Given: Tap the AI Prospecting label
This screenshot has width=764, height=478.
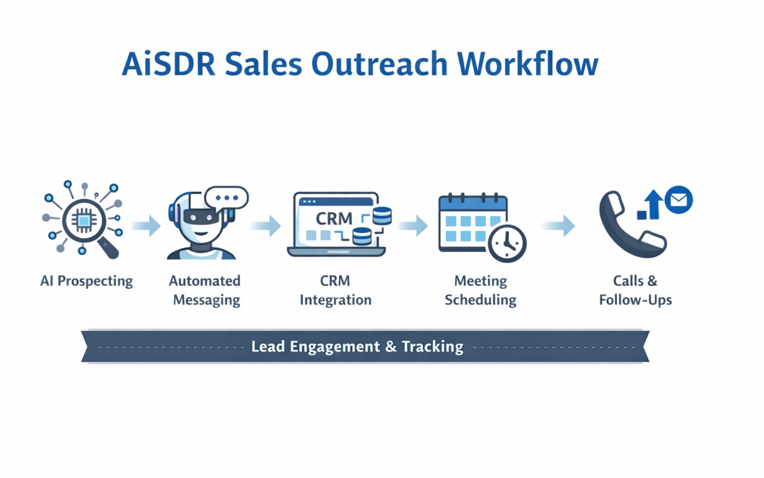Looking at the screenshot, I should click(x=86, y=281).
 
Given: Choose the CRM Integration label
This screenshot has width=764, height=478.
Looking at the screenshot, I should click(x=335, y=290).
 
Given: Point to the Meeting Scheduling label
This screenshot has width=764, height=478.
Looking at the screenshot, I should click(x=480, y=290).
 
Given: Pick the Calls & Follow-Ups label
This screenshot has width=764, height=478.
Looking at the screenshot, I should click(x=635, y=290).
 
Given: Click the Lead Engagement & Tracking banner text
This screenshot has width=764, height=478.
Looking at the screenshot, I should click(x=357, y=347).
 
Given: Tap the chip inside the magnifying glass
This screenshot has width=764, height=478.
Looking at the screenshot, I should click(x=83, y=220).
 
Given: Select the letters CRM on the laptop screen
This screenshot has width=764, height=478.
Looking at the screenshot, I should click(x=334, y=217).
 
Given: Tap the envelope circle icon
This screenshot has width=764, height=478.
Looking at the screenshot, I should click(x=678, y=200).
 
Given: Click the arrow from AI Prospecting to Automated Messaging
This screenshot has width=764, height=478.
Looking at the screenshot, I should click(x=146, y=227).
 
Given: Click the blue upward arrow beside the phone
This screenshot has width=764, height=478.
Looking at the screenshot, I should click(x=653, y=203).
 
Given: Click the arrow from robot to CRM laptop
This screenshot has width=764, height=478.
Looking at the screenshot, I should click(x=265, y=227).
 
